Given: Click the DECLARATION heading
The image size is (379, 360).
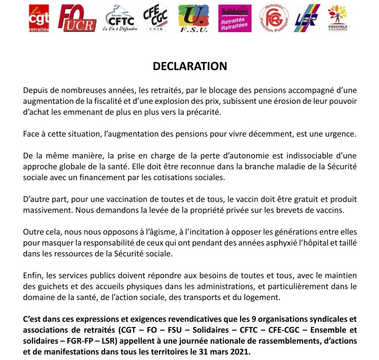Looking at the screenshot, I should pos(189,66).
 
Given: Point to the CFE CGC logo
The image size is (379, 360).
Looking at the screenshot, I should pos(158,19).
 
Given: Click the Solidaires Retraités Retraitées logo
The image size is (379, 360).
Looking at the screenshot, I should pos(235,19).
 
